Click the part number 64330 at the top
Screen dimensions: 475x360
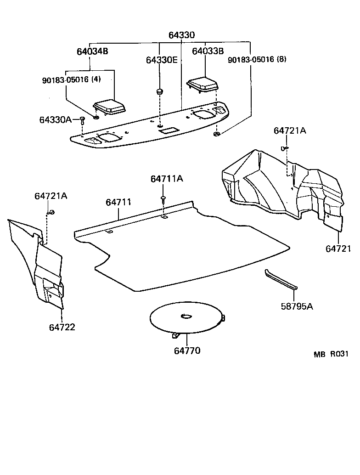point(181,35)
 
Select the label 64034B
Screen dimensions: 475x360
point(92,51)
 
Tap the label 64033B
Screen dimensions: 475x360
point(208,51)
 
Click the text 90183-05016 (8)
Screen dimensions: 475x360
point(257,59)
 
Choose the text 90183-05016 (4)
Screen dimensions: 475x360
point(71,79)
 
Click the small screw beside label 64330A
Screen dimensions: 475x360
point(82,120)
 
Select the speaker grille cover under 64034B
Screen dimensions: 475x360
point(109,106)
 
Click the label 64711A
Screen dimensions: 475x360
point(166,179)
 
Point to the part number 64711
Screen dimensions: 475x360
point(118,202)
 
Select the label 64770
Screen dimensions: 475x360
point(187,351)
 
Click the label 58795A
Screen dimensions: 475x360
point(297,306)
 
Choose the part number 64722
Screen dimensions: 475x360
point(62,327)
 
